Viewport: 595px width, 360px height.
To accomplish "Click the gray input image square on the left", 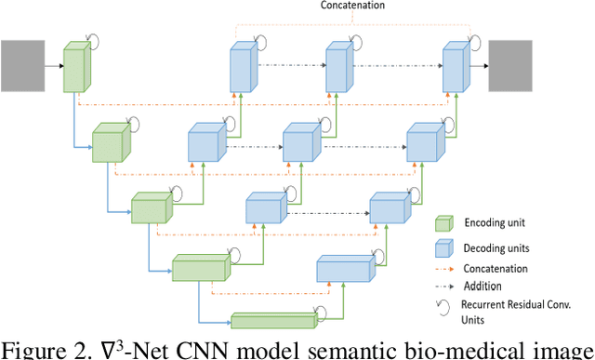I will (21, 65).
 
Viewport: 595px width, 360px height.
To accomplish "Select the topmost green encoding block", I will (75, 68).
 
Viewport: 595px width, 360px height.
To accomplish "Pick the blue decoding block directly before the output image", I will (454, 68).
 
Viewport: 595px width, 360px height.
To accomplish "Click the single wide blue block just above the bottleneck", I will (343, 269).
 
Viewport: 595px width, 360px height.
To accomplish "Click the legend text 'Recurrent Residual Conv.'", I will (527, 304).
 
